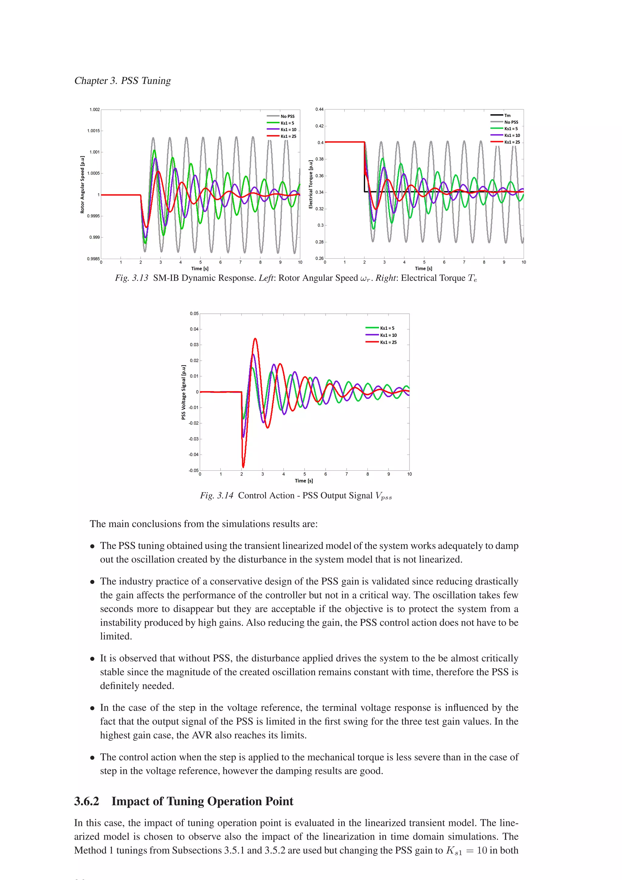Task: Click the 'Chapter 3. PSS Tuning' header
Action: pos(123,80)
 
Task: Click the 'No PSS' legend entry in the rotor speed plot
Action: pos(287,116)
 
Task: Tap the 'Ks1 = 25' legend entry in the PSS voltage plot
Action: pos(388,342)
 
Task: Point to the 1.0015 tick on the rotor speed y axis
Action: pos(94,131)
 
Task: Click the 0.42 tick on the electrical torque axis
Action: pos(319,126)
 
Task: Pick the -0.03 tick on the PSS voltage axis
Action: pos(193,439)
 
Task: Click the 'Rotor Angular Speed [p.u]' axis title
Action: pos(82,185)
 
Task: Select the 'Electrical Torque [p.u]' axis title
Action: pos(311,185)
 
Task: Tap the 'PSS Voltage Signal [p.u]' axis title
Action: pos(183,392)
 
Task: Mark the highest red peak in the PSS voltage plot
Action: pos(255,339)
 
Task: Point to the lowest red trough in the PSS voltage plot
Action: pos(243,467)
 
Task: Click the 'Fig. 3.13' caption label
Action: pos(132,278)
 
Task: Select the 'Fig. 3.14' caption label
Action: pos(217,496)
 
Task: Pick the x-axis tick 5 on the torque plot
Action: pos(424,262)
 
